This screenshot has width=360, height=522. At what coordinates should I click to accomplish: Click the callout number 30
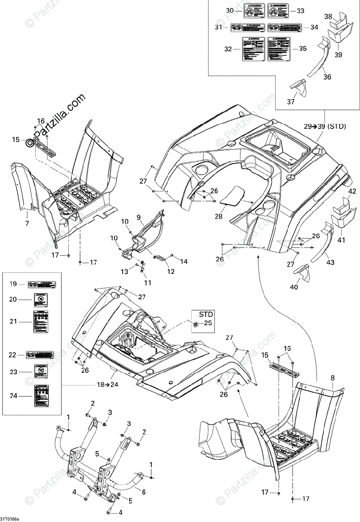point(230,10)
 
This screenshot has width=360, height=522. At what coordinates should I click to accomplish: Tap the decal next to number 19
point(42,284)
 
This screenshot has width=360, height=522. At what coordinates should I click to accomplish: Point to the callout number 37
point(290,102)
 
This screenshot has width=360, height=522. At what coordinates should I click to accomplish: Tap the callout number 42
point(352,191)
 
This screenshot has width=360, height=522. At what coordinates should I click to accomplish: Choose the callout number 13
point(125,272)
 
